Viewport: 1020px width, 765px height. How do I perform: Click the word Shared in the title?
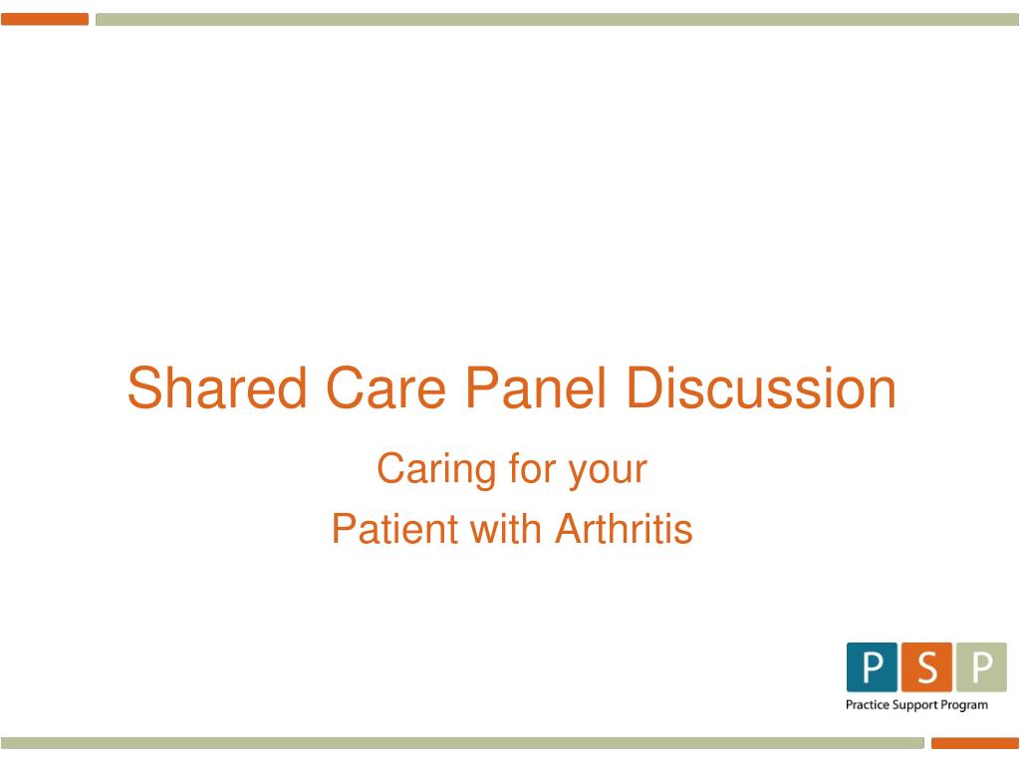click(216, 387)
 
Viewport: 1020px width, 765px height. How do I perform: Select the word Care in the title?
click(385, 387)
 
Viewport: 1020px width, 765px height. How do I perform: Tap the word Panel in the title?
click(535, 387)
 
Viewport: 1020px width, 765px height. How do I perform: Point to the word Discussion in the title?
click(761, 387)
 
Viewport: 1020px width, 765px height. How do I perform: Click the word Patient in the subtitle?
click(394, 528)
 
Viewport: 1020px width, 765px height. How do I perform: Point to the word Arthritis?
click(624, 528)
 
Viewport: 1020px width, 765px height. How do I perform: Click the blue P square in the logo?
click(872, 667)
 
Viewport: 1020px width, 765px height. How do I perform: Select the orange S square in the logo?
click(926, 667)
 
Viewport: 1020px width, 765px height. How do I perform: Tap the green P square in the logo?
click(981, 667)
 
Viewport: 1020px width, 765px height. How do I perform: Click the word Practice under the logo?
click(868, 704)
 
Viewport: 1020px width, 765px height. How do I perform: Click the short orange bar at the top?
click(45, 20)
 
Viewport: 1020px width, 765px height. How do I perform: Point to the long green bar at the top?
click(557, 20)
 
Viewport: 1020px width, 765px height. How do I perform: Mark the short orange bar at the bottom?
click(974, 743)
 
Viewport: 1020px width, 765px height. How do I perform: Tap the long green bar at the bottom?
click(462, 743)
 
